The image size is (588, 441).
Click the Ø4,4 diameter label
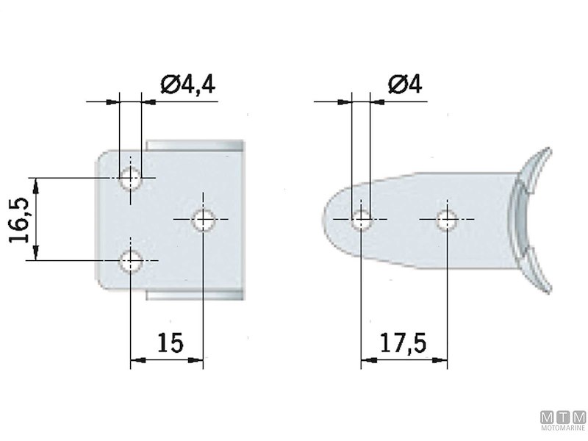point(187,85)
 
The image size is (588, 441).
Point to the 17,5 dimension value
point(404,343)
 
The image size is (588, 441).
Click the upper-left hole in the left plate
point(131,177)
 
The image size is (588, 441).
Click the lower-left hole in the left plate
point(131,260)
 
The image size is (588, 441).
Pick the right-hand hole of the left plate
point(202,219)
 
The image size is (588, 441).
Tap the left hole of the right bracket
point(361,218)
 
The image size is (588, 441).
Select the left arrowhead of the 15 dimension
point(135,360)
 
